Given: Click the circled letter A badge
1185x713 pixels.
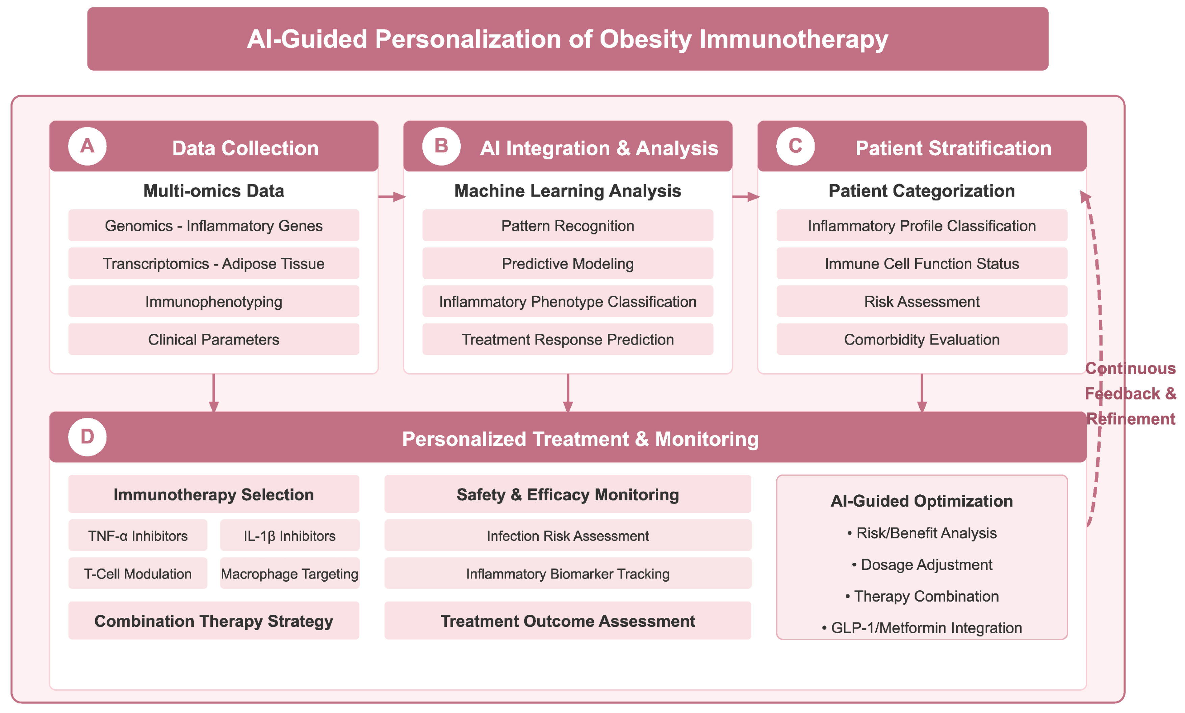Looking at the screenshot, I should click(87, 146).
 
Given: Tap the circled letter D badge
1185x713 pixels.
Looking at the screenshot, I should click(87, 437).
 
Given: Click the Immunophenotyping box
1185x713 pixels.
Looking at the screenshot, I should click(213, 301).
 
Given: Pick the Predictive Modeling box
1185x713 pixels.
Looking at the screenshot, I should click(567, 263).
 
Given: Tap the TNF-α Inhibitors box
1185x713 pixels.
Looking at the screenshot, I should click(137, 535).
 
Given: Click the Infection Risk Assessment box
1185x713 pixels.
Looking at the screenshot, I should click(567, 535).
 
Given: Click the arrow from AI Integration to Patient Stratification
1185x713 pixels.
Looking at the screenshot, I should click(746, 197).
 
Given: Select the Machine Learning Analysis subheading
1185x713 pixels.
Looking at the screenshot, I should click(567, 191).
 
